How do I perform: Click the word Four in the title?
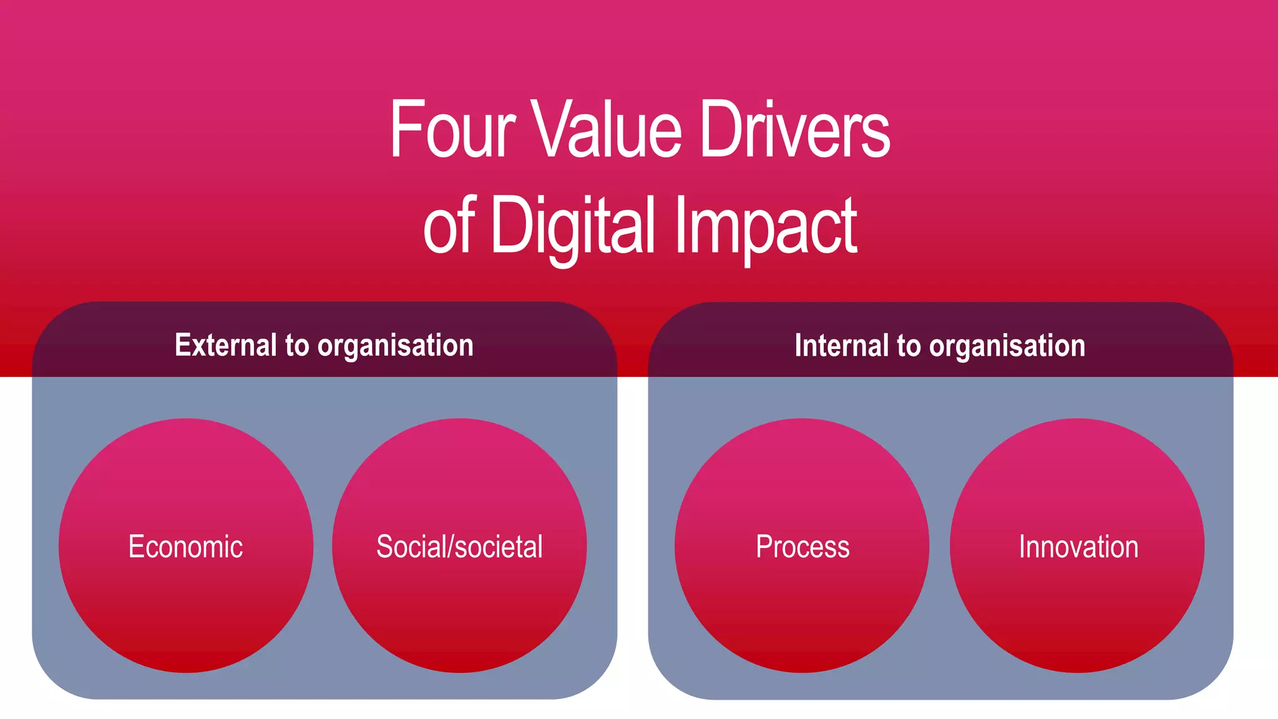coord(452,130)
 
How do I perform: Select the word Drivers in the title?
coord(794,130)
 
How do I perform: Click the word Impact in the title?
coord(766,226)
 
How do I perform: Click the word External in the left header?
coord(225,345)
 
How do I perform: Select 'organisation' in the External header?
coord(396,346)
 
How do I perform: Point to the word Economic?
coord(185,547)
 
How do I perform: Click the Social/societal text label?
coord(459,547)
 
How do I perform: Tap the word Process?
coord(802,547)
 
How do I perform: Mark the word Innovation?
coord(1078,547)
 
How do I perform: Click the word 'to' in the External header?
coord(297,346)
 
